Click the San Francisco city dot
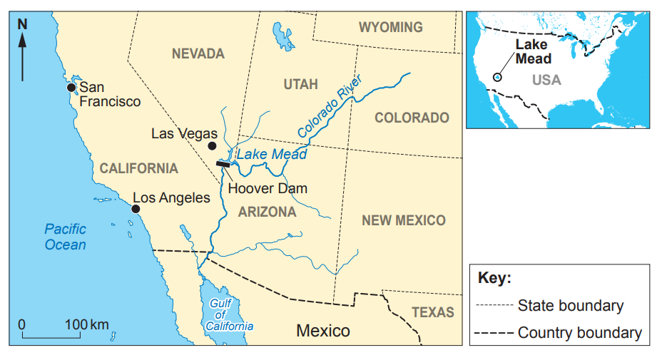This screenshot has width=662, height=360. pyautogui.click(x=71, y=87)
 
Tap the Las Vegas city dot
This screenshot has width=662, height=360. pyautogui.click(x=212, y=146)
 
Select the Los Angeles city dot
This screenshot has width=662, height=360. pyautogui.click(x=136, y=208)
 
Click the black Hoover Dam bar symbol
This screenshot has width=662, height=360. pyautogui.click(x=223, y=165)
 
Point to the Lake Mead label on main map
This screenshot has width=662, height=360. pyautogui.click(x=272, y=155)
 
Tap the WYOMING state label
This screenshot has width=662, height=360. pyautogui.click(x=390, y=27)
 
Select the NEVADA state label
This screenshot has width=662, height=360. pyautogui.click(x=198, y=53)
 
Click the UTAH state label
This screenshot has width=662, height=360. pyautogui.click(x=300, y=84)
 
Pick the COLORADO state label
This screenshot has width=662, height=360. pyautogui.click(x=412, y=118)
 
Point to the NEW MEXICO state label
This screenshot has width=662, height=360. pyautogui.click(x=403, y=220)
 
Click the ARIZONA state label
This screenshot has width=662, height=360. pyautogui.click(x=267, y=212)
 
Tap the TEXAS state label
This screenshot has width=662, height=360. pyautogui.click(x=432, y=312)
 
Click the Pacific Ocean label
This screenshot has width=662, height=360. pyautogui.click(x=65, y=237)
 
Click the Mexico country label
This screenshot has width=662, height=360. pyautogui.click(x=323, y=331)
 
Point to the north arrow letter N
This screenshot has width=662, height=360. pyautogui.click(x=22, y=24)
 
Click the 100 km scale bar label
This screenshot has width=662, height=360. pyautogui.click(x=87, y=325)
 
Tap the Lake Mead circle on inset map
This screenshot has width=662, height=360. pyautogui.click(x=497, y=77)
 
